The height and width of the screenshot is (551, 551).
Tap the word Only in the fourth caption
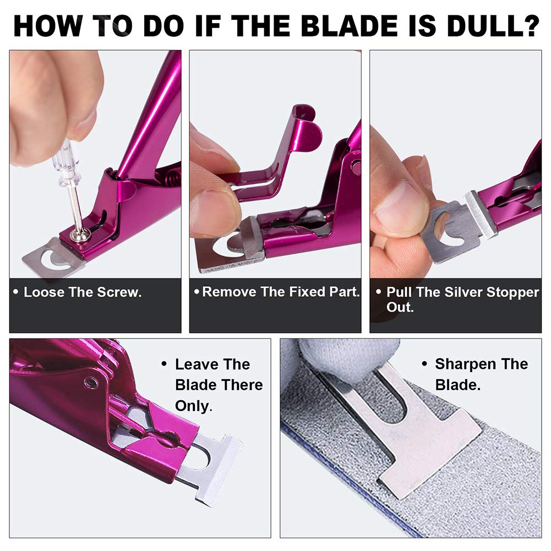(192, 406)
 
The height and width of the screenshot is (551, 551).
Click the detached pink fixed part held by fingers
(275, 154)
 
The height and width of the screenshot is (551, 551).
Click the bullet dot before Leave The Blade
(164, 364)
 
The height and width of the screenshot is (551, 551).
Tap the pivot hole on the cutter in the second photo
(356, 163)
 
